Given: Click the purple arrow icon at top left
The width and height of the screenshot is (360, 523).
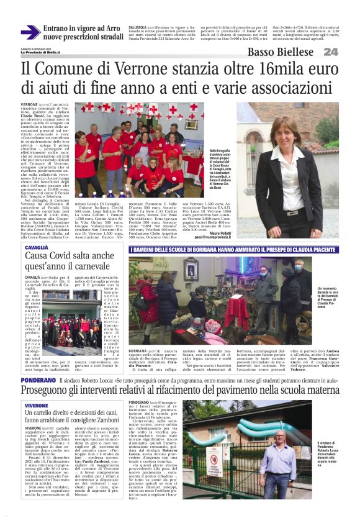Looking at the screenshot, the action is click(x=30, y=32).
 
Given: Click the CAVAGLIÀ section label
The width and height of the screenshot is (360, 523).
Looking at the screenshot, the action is click(x=36, y=247).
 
